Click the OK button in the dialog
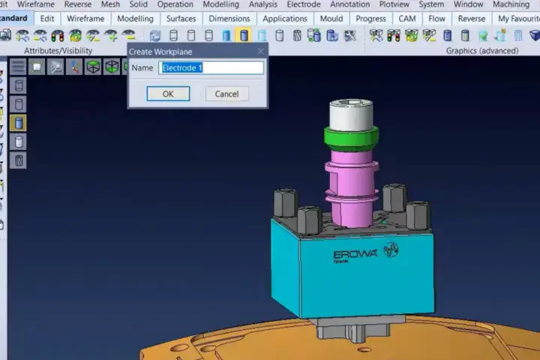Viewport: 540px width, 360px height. [x=168, y=94]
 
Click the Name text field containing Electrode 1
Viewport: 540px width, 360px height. [x=211, y=67]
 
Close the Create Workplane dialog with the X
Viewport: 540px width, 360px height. [x=261, y=51]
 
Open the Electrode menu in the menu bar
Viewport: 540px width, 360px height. [x=304, y=4]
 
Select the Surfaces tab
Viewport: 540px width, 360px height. [x=181, y=19]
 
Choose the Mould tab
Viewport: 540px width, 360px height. [x=331, y=19]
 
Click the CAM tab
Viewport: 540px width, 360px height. [x=407, y=19]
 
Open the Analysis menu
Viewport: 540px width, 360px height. [x=263, y=4]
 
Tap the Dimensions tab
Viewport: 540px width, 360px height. [x=229, y=19]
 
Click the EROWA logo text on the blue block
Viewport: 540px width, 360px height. [x=355, y=254]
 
